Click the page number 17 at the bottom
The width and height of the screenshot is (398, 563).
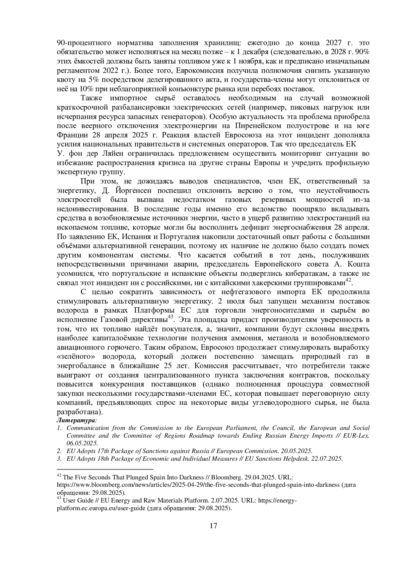point(213,526)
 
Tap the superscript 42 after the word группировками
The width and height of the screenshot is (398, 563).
point(348,280)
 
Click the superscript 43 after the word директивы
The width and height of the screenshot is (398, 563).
point(170,317)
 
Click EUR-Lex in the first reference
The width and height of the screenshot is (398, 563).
point(358,435)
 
